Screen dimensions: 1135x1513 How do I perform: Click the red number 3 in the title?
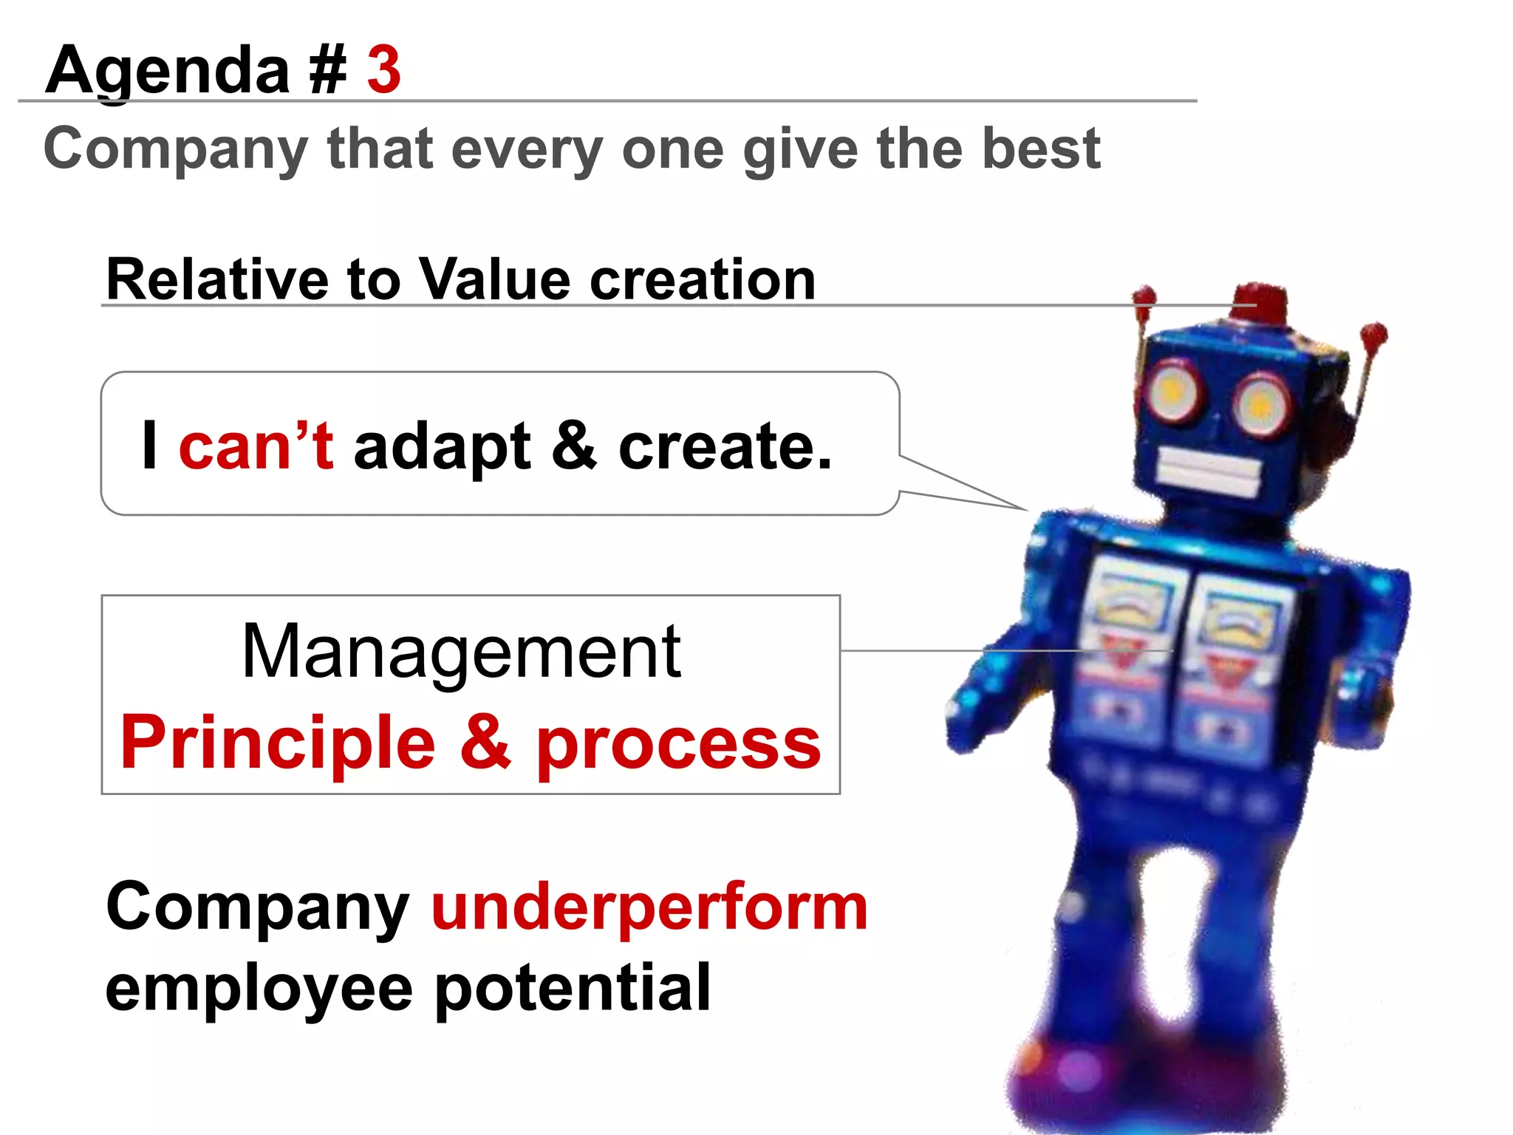(x=383, y=69)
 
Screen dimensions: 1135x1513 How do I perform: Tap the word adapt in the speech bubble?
(x=442, y=448)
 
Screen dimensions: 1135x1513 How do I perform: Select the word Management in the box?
(x=462, y=652)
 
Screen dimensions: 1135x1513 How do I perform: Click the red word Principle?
(x=278, y=743)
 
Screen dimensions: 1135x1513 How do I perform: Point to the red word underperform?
(x=649, y=908)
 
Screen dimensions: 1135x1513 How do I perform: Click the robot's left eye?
(x=1172, y=390)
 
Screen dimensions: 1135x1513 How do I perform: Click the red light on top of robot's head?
(x=1259, y=301)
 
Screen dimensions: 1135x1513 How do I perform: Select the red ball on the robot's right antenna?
(x=1373, y=334)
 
